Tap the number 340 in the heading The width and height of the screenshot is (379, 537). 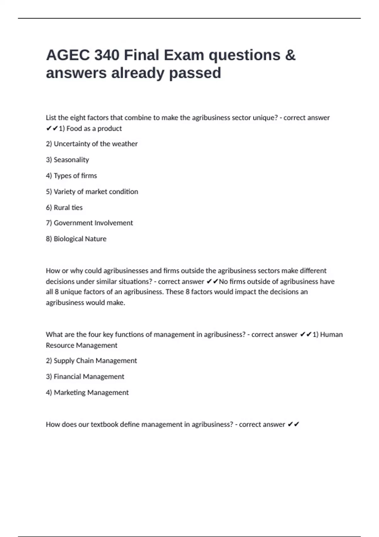point(106,55)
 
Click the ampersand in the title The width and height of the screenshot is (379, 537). point(290,55)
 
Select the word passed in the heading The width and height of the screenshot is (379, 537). point(195,73)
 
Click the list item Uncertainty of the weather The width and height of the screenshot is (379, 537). point(95,144)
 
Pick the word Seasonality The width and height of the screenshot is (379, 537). point(71,160)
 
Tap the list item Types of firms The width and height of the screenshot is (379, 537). point(75,176)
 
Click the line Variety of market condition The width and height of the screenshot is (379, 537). point(96,192)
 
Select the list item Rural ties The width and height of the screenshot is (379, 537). point(68,208)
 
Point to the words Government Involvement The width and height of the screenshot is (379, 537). point(93,223)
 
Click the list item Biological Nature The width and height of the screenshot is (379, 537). point(80,239)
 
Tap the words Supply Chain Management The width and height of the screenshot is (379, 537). point(95,361)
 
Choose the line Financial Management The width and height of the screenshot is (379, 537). point(89,377)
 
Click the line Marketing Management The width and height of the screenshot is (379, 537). point(91,393)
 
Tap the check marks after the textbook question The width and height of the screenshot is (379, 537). point(293,425)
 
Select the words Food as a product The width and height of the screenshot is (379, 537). point(94,129)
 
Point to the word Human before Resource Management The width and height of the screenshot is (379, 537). point(331,335)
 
